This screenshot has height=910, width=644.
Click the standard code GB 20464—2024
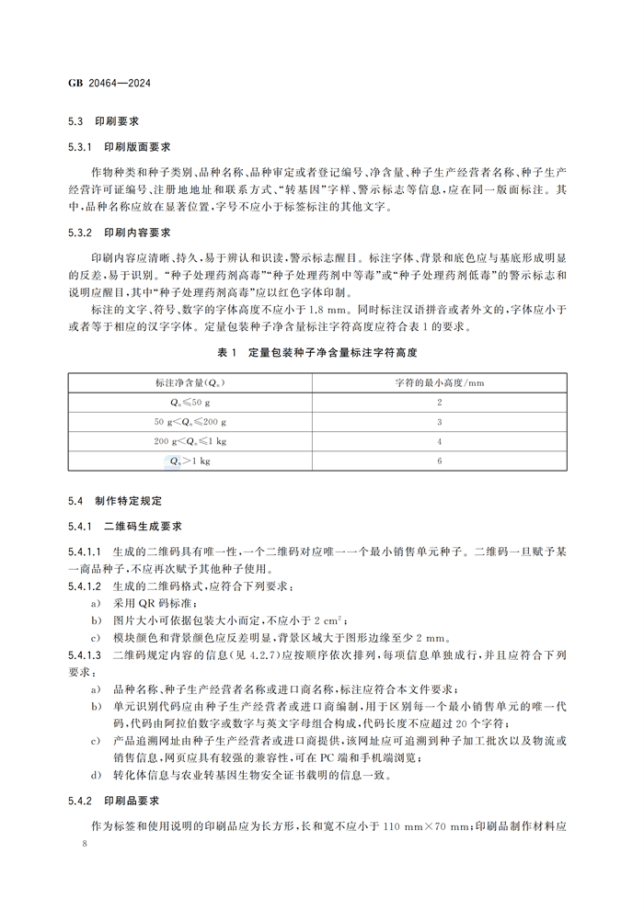(x=109, y=83)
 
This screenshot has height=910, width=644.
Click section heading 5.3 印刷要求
(x=103, y=121)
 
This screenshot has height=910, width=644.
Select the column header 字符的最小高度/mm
(x=440, y=382)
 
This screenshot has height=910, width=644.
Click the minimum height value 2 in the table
(x=440, y=402)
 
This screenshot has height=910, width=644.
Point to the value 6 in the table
(x=440, y=461)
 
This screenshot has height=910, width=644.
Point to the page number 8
(x=84, y=843)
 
